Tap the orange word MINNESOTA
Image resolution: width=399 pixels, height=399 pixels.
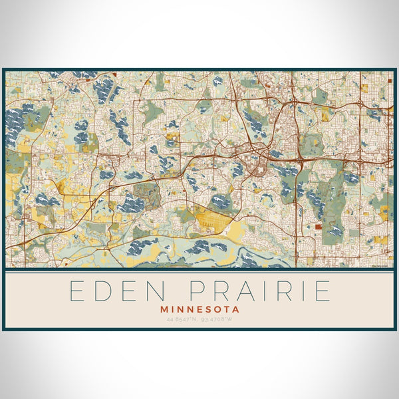pos(199,309)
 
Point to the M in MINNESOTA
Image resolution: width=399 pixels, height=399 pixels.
pos(164,309)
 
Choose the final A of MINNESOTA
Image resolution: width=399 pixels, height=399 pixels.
pos(235,309)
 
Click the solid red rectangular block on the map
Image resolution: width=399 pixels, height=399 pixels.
pos(318,226)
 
